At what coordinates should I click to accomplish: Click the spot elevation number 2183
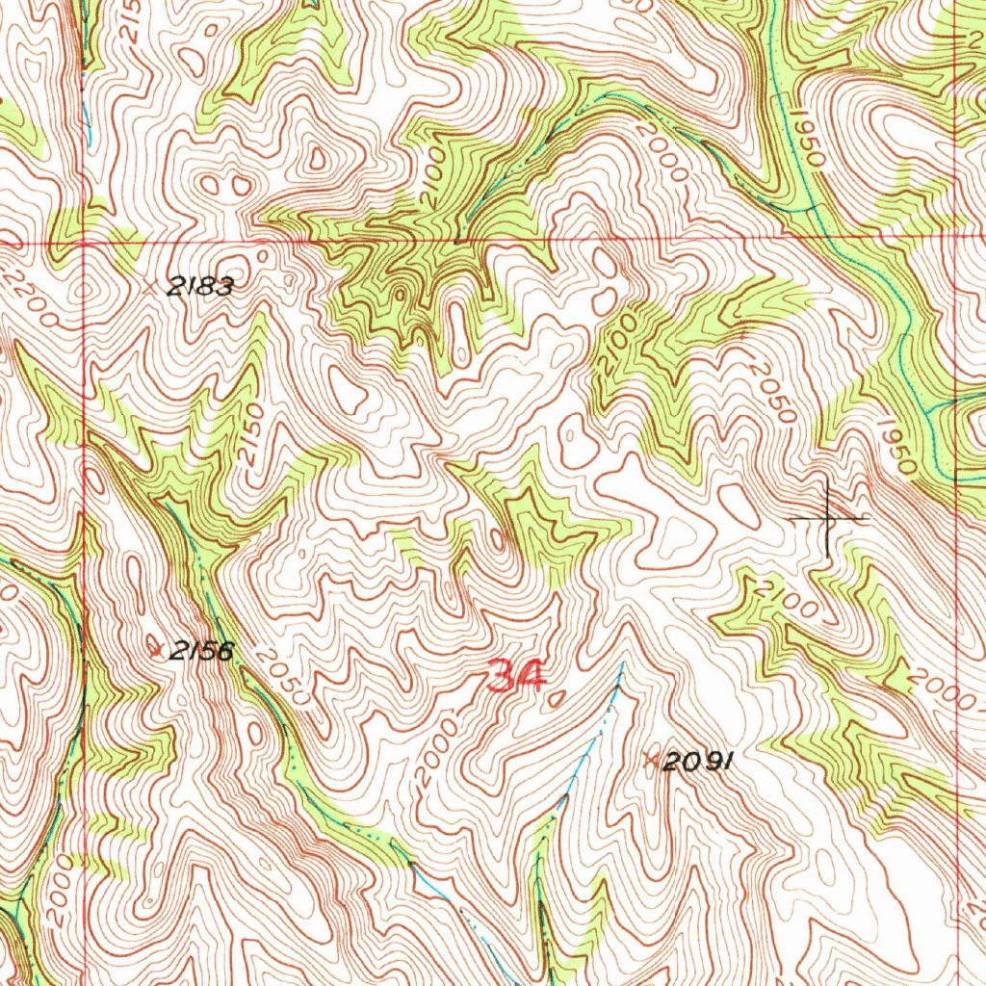tap(201, 285)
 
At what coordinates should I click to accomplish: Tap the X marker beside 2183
tap(149, 286)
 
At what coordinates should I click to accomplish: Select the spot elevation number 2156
tap(201, 651)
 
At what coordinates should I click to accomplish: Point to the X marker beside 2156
tap(158, 650)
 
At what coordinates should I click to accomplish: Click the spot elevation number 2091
tap(699, 762)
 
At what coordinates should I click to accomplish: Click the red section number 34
tap(516, 677)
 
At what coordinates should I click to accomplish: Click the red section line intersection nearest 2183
tap(85, 244)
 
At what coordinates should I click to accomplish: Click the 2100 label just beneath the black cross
tap(788, 599)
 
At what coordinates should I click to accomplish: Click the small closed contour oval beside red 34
tap(553, 700)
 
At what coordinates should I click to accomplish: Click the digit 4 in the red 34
tap(531, 677)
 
